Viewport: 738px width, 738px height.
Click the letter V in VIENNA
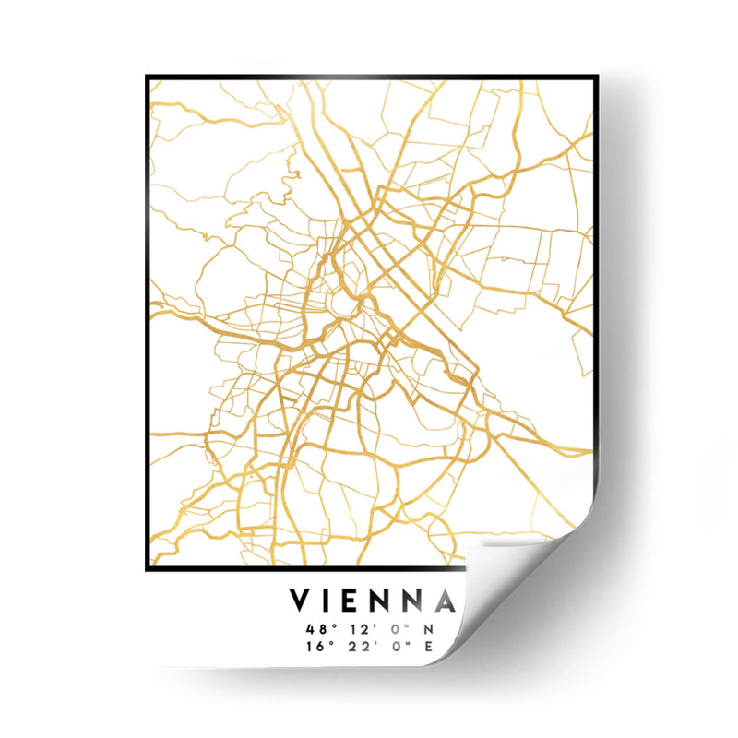pos(301,601)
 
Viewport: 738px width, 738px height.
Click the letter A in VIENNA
pos(446,601)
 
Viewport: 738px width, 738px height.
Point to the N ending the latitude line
pos(427,629)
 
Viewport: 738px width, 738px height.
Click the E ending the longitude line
pos(427,646)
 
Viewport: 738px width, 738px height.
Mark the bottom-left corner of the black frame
pos(147,569)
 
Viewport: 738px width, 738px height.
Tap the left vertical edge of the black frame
pos(147,323)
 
